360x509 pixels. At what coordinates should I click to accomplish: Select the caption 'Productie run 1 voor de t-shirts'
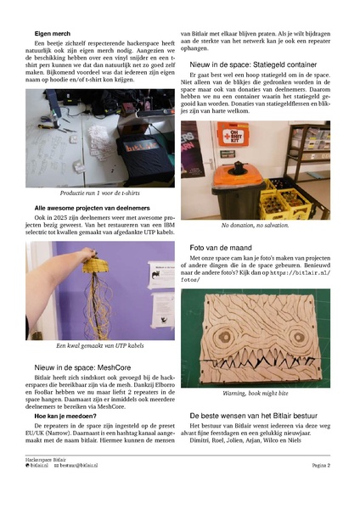(x=100, y=193)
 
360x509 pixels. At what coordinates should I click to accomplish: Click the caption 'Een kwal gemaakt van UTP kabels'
(x=100, y=346)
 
